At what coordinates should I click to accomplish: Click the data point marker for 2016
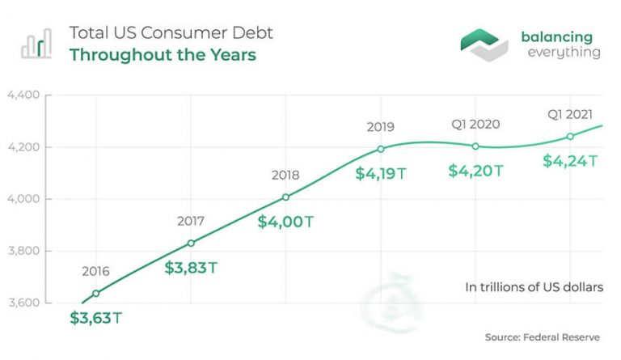tap(96, 293)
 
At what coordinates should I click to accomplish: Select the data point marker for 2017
tap(191, 243)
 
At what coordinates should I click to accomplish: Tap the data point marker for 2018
tap(285, 197)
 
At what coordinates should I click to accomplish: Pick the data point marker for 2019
tap(380, 148)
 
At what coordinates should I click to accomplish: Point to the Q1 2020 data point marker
tap(475, 146)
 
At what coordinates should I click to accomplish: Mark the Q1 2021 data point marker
tap(570, 136)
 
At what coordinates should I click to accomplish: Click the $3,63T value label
tap(96, 317)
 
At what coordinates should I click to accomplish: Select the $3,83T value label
tap(191, 267)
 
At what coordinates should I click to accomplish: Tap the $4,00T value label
tap(285, 221)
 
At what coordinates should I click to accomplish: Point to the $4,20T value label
tap(475, 171)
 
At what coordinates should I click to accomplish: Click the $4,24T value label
tap(570, 160)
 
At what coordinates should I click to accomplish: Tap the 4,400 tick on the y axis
tap(23, 95)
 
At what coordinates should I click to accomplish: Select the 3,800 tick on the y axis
tap(23, 251)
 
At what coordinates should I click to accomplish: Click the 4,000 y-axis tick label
tap(23, 199)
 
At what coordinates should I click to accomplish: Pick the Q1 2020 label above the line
tap(475, 125)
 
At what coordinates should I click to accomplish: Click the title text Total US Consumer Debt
tap(171, 33)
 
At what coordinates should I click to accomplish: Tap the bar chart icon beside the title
tap(36, 44)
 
